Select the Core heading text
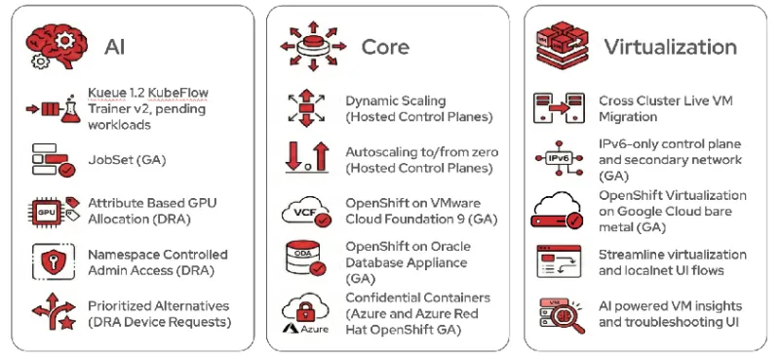(x=385, y=47)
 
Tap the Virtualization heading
(x=669, y=47)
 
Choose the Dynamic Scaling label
(x=395, y=100)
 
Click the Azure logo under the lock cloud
(x=298, y=332)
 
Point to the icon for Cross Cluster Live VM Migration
(x=558, y=106)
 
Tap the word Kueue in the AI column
(x=106, y=93)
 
